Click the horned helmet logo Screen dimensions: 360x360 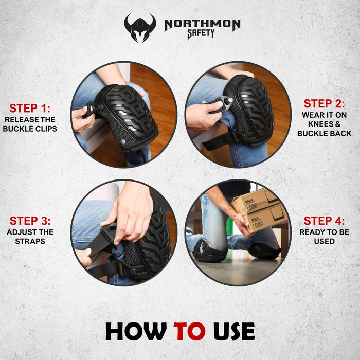140,28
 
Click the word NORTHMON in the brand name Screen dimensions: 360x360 202,25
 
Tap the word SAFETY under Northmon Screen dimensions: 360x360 201,34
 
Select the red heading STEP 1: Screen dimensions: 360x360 30,108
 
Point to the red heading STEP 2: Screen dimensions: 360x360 324,103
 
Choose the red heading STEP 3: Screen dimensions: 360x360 30,221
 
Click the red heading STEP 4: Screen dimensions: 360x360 324,221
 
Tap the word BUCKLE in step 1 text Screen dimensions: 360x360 16,129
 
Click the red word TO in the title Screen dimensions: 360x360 189,331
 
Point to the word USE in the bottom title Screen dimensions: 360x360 234,331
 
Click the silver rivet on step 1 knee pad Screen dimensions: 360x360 123,141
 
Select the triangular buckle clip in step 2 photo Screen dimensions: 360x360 224,103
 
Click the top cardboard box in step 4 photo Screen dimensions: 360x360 255,201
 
